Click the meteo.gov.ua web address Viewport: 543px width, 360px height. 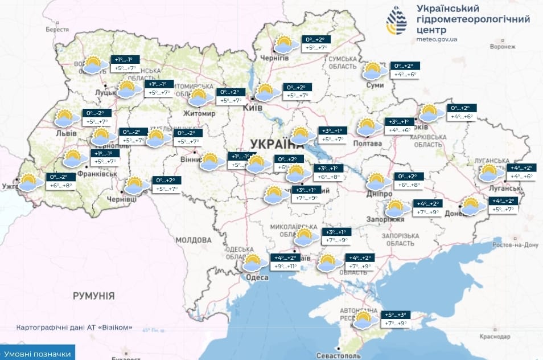(x=437, y=39)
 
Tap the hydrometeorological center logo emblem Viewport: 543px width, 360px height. (x=396, y=22)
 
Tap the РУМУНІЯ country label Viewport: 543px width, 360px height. (x=93, y=296)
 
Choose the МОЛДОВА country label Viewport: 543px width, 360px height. (x=194, y=240)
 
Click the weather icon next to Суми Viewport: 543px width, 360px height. (x=373, y=71)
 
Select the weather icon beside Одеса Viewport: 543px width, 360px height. (x=252, y=263)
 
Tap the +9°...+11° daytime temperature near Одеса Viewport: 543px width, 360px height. (x=285, y=266)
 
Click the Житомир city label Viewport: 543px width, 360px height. (x=199, y=113)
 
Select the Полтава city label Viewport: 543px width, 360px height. (x=368, y=144)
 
